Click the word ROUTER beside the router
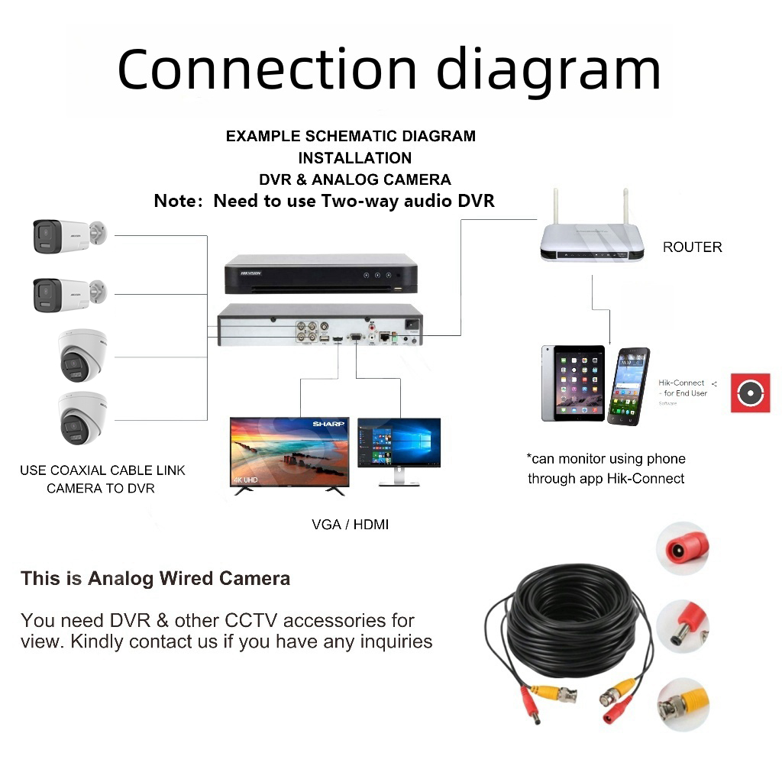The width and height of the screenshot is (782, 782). pyautogui.click(x=692, y=247)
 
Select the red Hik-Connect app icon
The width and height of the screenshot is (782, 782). pyautogui.click(x=750, y=393)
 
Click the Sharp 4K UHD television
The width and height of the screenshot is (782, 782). pyautogui.click(x=289, y=452)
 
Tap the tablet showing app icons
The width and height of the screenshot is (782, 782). pyautogui.click(x=573, y=383)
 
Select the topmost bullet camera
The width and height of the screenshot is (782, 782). pyautogui.click(x=67, y=235)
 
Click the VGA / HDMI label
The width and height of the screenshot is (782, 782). pyautogui.click(x=350, y=525)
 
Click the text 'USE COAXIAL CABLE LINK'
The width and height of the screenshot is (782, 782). pyautogui.click(x=102, y=470)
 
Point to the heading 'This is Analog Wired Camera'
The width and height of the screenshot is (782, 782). pyautogui.click(x=155, y=578)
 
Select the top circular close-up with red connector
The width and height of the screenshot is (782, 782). pyautogui.click(x=683, y=548)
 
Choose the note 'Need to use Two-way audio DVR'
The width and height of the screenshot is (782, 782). pyautogui.click(x=324, y=202)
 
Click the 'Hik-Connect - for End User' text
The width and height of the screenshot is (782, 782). pyautogui.click(x=682, y=388)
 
